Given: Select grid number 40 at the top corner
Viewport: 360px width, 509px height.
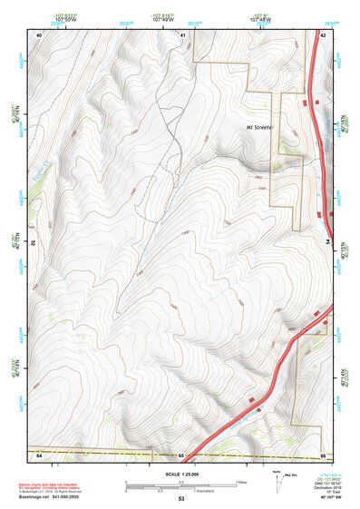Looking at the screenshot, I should pos(39,34).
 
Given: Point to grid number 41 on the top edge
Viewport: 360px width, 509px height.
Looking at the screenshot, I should pos(182,34).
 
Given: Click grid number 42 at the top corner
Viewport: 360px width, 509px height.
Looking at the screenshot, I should pos(324,34).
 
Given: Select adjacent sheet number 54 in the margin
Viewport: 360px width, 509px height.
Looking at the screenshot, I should pos(328,242).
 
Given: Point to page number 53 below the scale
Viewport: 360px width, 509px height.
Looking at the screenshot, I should pos(181,500).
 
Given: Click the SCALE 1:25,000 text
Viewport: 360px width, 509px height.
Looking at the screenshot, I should pos(181,475).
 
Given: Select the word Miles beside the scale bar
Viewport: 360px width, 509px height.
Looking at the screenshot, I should pos(241,482).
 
